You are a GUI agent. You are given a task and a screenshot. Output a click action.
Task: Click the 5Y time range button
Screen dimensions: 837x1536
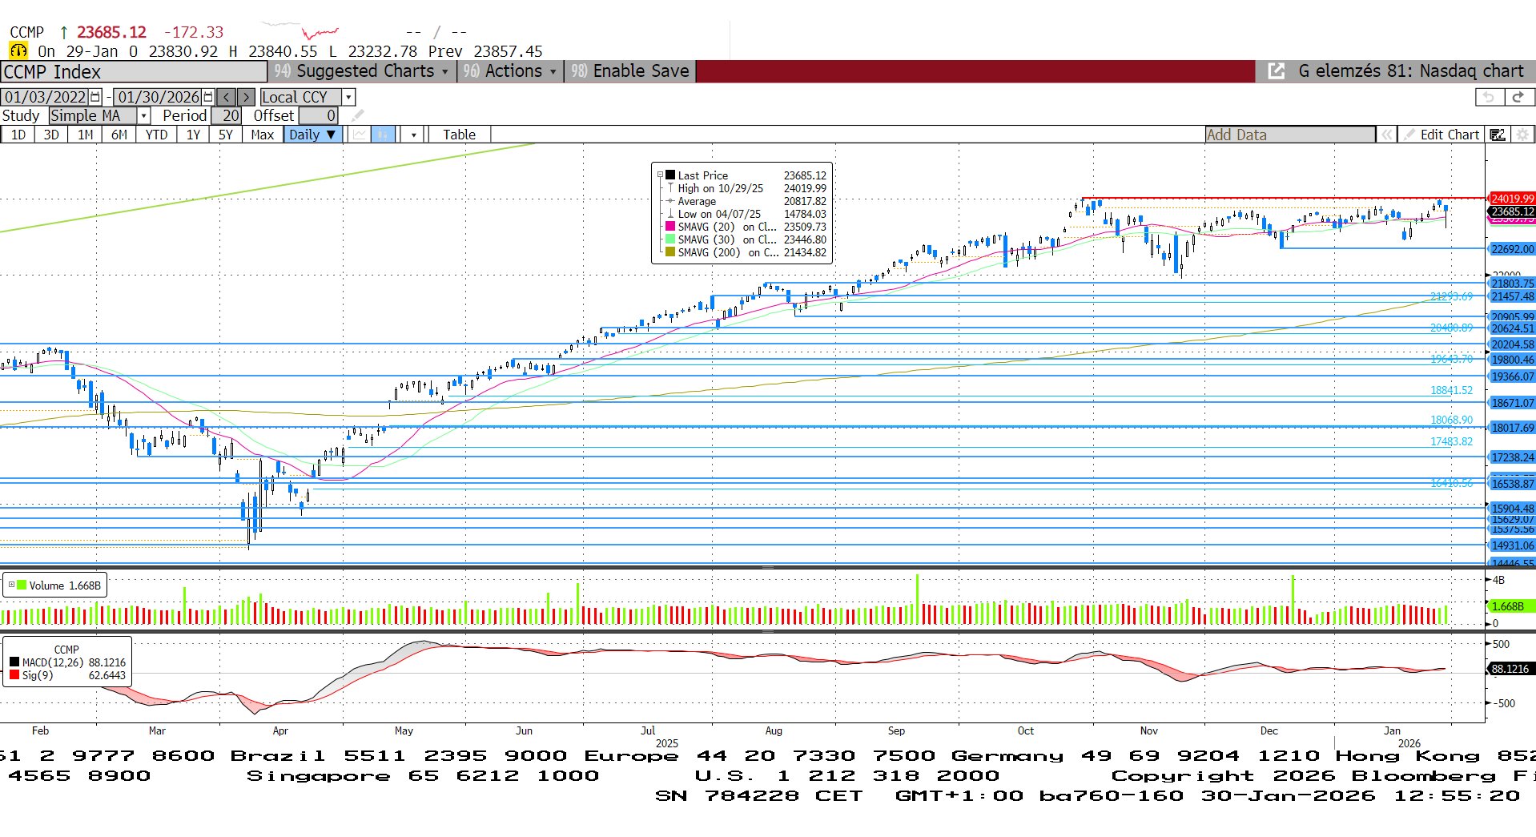point(226,135)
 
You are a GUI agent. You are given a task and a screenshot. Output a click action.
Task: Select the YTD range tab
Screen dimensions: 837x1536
point(156,135)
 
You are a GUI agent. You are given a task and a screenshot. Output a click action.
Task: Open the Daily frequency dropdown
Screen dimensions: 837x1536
point(312,135)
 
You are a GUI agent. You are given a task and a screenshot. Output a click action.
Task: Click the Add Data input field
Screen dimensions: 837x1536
point(1289,135)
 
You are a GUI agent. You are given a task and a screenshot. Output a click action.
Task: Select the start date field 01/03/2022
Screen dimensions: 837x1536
point(46,97)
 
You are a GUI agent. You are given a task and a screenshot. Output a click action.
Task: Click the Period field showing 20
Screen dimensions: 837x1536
point(226,115)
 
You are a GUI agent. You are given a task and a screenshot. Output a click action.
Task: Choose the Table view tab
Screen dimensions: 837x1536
point(459,135)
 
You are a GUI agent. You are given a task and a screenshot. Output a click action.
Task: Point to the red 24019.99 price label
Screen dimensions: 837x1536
point(1512,199)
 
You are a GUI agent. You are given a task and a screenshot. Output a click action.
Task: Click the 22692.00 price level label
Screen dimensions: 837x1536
point(1512,249)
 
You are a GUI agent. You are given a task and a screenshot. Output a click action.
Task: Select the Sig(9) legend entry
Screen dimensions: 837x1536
point(38,675)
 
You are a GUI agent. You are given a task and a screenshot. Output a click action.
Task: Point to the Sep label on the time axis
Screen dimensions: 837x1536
point(896,730)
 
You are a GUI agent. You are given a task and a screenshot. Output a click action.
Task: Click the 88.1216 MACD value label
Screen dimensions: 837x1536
point(1510,669)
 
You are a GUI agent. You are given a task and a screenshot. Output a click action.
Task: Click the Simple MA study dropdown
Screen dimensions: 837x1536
point(99,115)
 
